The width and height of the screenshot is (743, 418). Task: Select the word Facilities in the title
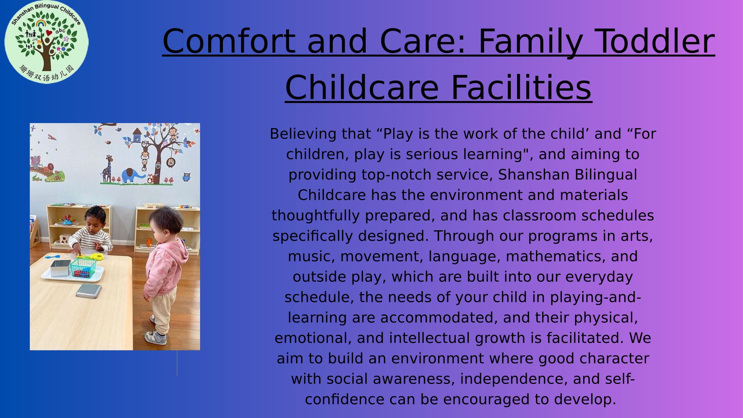tap(521, 87)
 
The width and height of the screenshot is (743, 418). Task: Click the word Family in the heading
tap(530, 42)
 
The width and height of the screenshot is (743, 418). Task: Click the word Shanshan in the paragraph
tap(534, 175)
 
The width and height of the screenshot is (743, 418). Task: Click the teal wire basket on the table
tap(83, 267)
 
